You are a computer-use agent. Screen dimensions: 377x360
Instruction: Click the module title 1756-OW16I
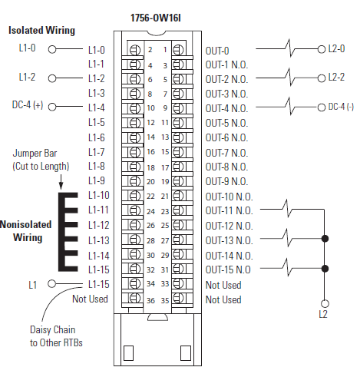(162, 16)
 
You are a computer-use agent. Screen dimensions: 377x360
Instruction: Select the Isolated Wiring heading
(42, 31)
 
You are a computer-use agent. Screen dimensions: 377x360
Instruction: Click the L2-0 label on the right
(336, 48)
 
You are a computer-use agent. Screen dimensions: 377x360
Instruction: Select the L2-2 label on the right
(336, 78)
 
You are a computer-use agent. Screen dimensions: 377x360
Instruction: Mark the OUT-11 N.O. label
(229, 210)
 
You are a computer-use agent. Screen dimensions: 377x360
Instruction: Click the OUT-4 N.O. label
(229, 108)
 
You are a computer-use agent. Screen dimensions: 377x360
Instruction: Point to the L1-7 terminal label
(97, 152)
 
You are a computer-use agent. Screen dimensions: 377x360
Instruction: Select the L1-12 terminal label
(99, 225)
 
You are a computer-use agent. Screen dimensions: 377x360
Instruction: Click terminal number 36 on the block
(152, 299)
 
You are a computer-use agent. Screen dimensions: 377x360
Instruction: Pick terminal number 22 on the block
(152, 197)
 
